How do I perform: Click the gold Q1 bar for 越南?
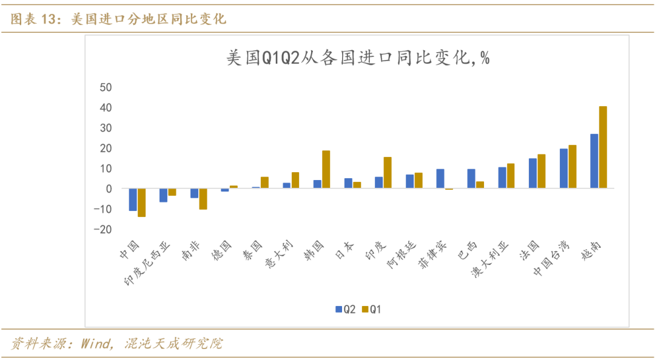pos(603,147)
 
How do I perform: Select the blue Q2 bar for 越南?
pos(594,161)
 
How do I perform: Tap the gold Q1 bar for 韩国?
pos(326,170)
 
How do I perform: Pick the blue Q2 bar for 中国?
pos(133,199)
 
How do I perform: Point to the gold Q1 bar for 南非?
pos(203,199)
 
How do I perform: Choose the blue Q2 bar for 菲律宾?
pos(440,179)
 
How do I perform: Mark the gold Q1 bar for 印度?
pos(388,173)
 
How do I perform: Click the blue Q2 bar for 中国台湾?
pos(563,168)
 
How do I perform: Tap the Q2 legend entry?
pos(346,309)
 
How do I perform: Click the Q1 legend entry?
pos(372,309)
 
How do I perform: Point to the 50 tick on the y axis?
pos(105,87)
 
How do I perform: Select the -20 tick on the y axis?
pos(103,229)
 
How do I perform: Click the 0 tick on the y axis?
pos(109,188)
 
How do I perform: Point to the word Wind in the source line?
pos(92,344)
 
